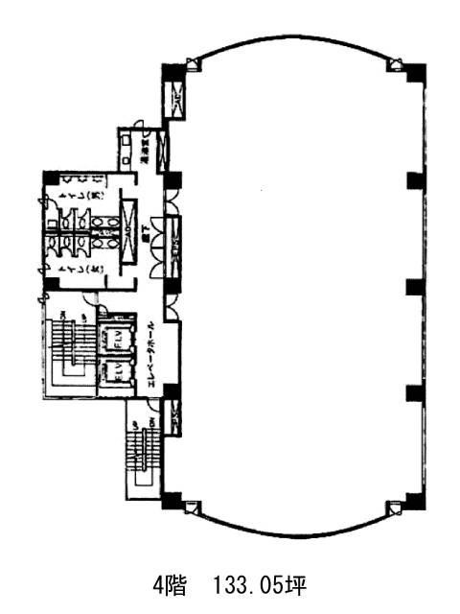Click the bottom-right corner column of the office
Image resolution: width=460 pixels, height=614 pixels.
point(414,499)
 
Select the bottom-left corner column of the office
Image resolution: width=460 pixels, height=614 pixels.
point(172,500)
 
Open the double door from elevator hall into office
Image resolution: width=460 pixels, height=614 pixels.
point(171,306)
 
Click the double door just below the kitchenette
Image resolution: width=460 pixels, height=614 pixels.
point(171,202)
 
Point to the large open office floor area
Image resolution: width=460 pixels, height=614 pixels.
point(297,288)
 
